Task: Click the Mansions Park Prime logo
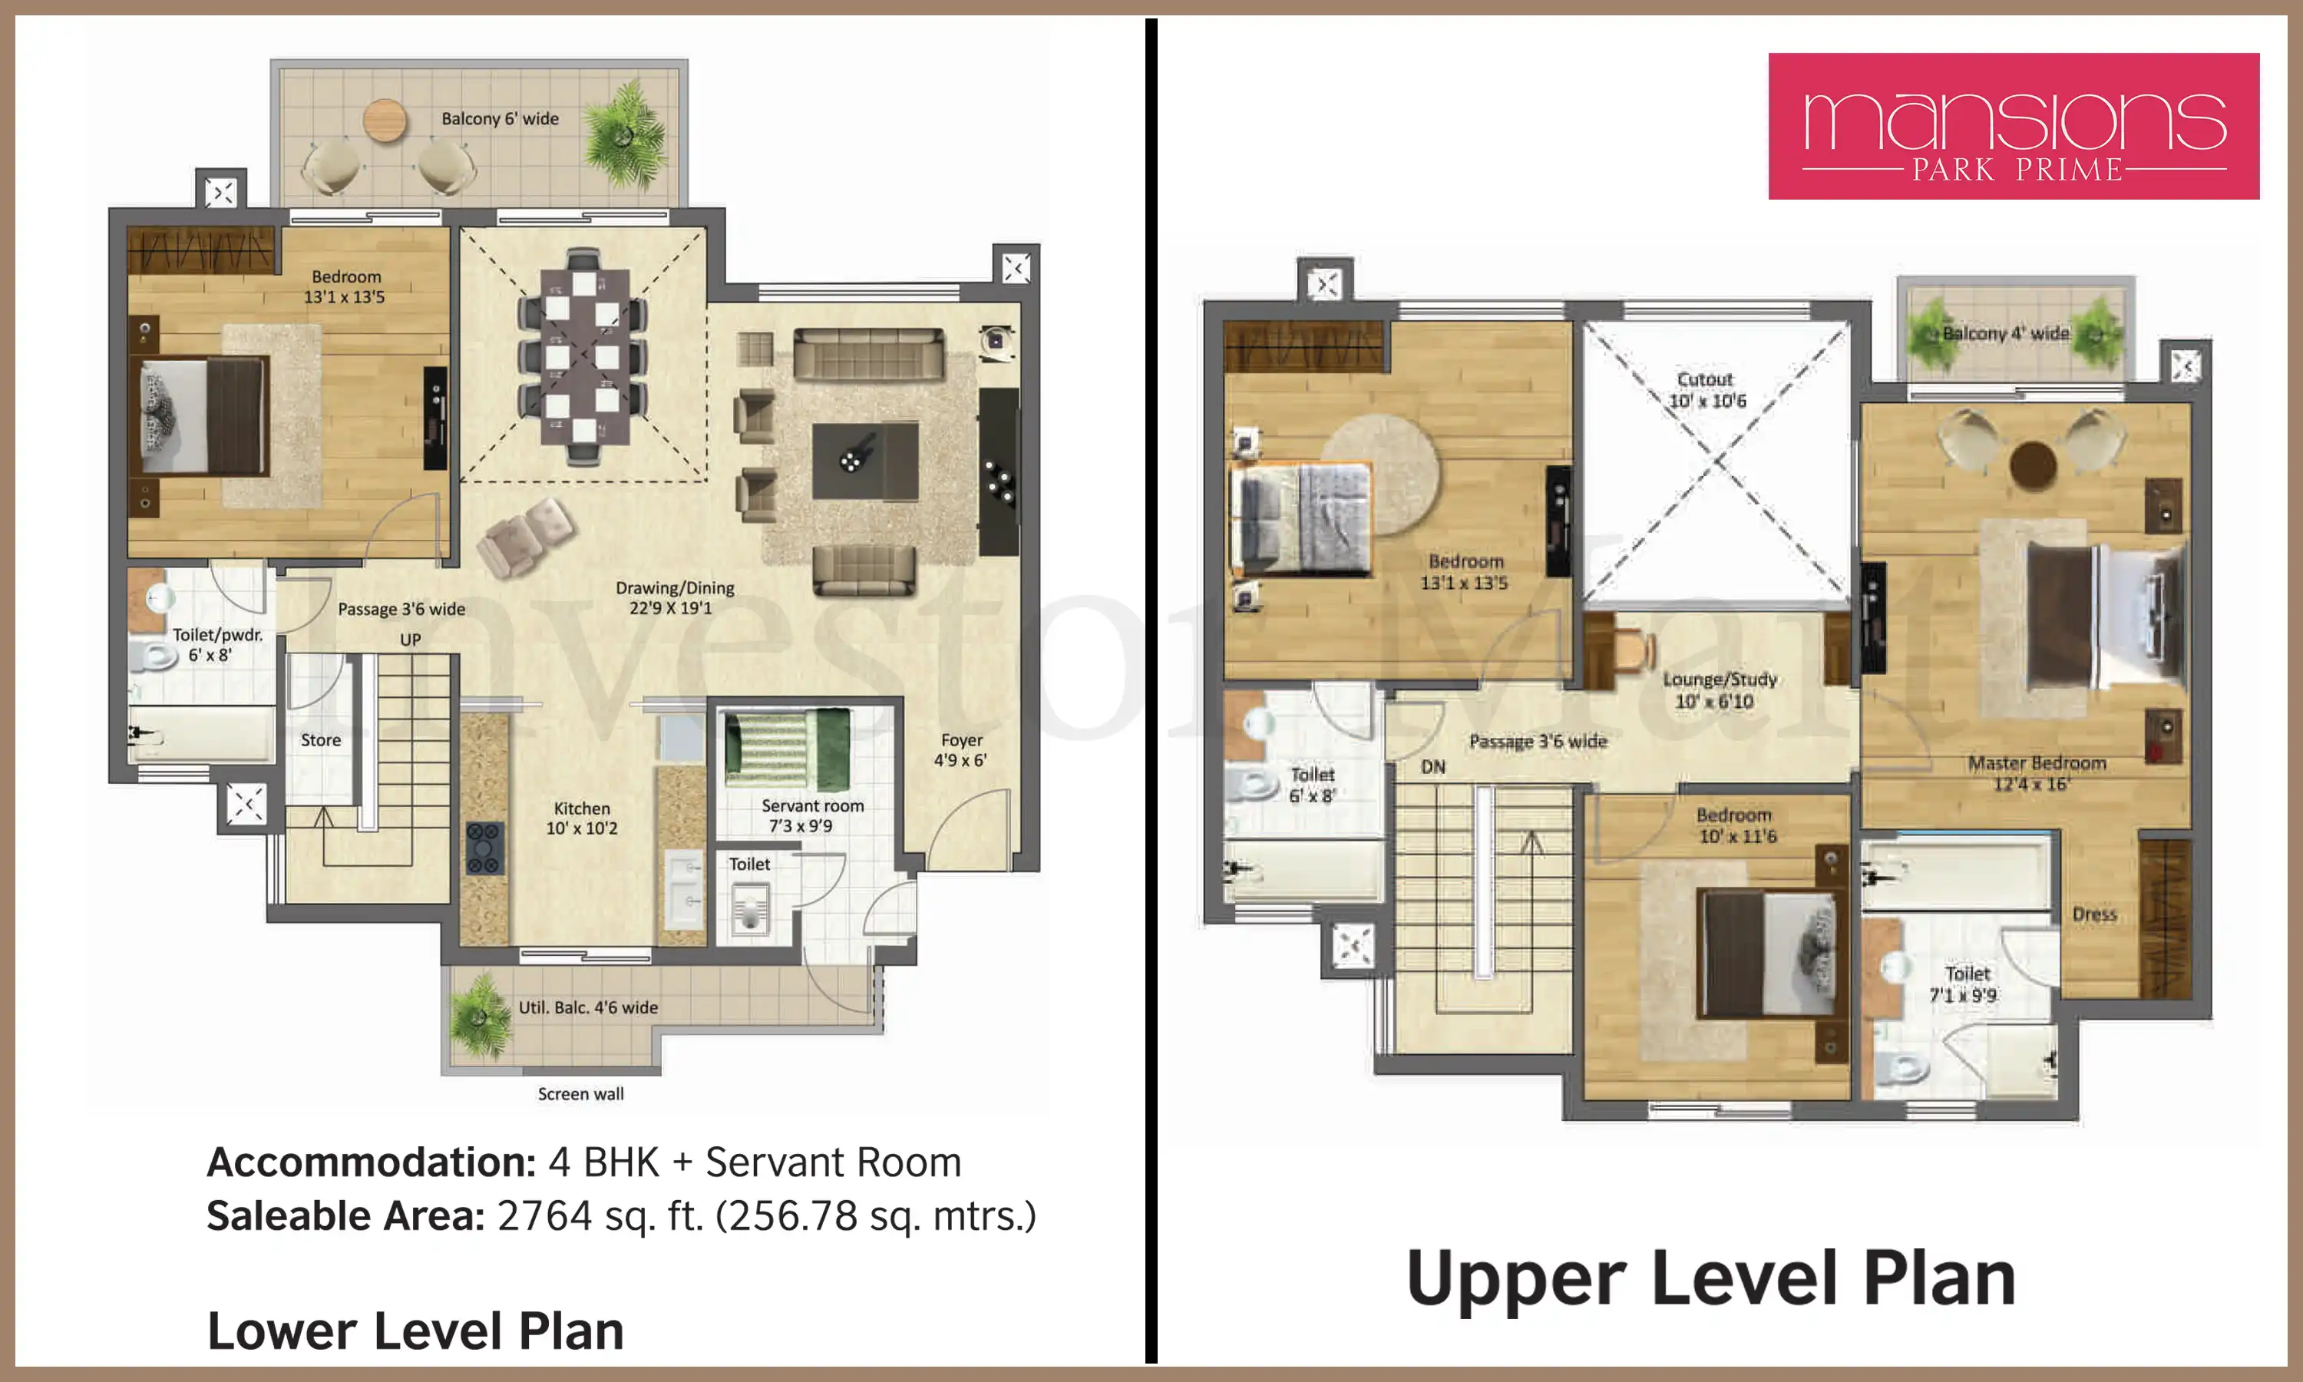coord(2014,126)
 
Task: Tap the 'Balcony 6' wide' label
coord(500,118)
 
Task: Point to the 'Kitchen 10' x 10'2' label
coord(582,818)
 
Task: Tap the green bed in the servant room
coord(788,749)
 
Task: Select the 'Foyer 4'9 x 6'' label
coord(960,749)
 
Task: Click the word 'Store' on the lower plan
coord(320,740)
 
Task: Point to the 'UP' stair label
coord(411,640)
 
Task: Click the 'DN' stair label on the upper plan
coord(1433,767)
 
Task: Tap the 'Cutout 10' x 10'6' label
coord(1707,390)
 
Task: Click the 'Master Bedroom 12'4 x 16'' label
coord(2036,773)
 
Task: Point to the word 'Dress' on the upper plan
coord(2094,914)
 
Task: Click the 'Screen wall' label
coord(581,1093)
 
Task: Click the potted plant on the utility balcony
coord(481,1018)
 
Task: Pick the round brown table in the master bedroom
coord(2033,465)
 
